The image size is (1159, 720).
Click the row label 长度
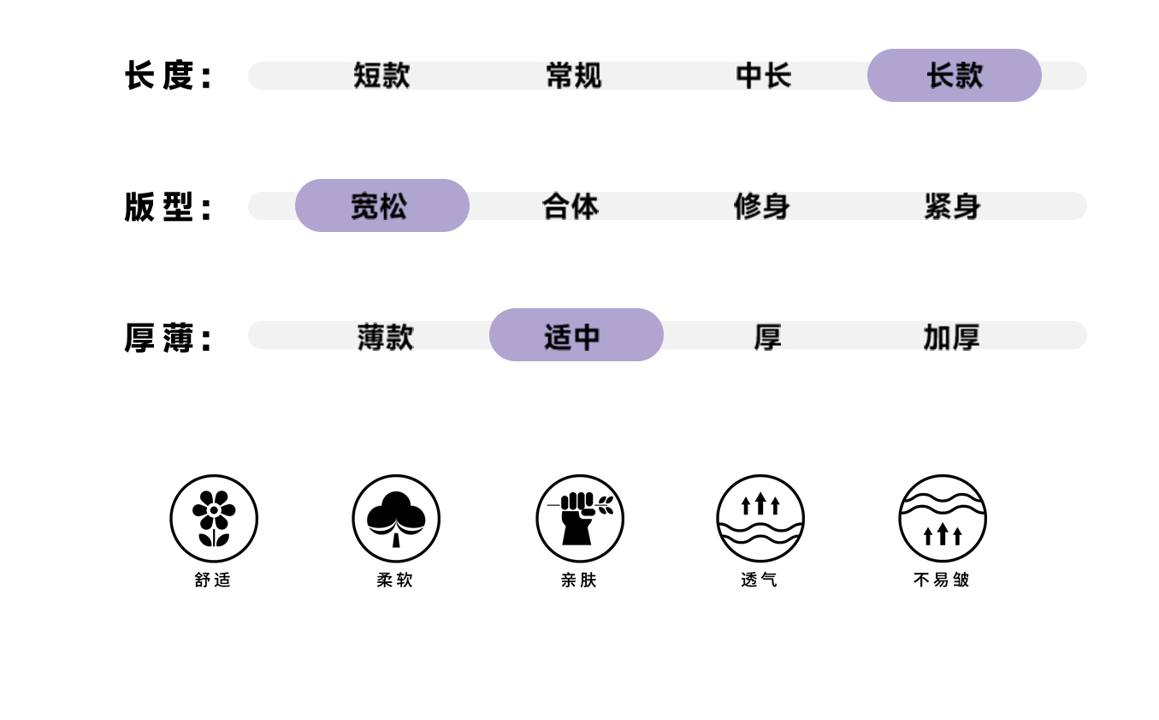point(168,75)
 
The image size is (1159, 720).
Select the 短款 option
point(381,75)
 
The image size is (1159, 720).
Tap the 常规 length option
point(573,75)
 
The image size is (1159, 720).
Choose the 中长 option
point(763,75)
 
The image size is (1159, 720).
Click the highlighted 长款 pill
point(954,75)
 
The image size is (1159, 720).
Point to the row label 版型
point(168,207)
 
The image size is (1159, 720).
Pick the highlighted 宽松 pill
point(381,205)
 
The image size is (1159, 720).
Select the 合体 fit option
point(571,205)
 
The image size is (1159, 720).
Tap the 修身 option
point(761,205)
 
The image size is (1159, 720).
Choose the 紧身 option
point(952,205)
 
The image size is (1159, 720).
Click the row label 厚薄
point(168,338)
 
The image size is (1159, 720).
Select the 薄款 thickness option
point(385,336)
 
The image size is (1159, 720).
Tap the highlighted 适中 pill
point(576,335)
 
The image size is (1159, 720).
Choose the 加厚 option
point(951,336)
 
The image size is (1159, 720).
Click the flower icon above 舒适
point(214,518)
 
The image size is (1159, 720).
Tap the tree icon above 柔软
point(396,518)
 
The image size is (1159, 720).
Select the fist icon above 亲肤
point(580,518)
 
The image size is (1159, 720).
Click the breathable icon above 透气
point(760,518)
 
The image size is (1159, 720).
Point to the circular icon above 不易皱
point(943,518)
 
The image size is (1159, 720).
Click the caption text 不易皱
point(942,580)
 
